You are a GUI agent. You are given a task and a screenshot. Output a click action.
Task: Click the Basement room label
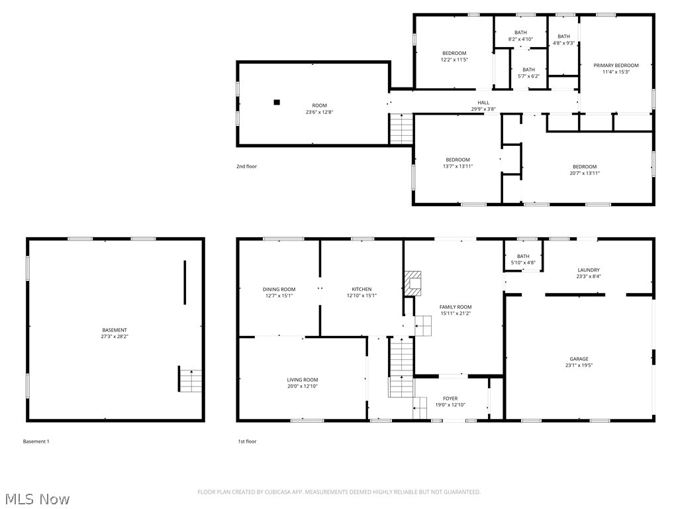pos(115,330)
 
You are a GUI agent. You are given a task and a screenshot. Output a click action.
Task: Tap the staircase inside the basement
pos(189,379)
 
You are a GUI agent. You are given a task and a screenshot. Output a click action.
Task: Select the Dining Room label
pos(279,289)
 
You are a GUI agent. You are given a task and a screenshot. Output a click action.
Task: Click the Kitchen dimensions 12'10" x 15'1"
pos(362,296)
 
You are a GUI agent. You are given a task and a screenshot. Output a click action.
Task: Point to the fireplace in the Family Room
pos(413,283)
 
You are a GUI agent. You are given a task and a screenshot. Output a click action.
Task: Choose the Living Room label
pos(302,380)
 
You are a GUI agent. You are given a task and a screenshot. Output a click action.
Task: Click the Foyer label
pos(450,398)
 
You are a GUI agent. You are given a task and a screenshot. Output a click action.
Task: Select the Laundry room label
pos(588,270)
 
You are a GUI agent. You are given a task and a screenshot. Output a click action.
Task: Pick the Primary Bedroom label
pos(616,65)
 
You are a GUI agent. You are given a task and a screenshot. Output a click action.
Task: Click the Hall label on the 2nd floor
pos(483,102)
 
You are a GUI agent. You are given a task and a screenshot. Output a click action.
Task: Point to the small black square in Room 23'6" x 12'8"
pos(277,102)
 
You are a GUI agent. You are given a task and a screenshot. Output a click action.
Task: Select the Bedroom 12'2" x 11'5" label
pos(454,53)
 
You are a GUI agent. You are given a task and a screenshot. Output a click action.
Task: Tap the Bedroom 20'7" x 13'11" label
pos(584,166)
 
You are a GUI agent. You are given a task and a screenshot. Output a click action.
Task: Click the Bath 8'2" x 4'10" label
pos(520,32)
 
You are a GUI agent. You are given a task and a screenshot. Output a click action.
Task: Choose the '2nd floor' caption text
pos(246,166)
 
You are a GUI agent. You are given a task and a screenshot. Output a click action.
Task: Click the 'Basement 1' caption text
pos(36,441)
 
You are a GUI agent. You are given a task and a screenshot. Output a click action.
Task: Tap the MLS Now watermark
pos(36,498)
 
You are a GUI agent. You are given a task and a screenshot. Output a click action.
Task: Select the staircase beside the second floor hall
pos(401,129)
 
